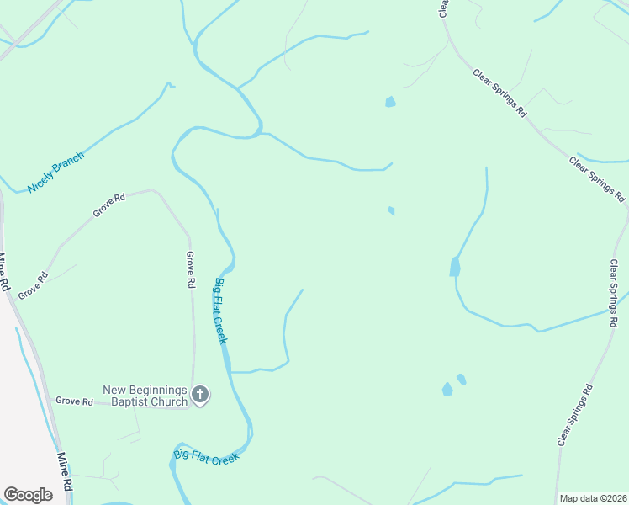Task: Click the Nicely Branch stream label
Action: (x=56, y=173)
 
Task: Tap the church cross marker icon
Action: (x=200, y=394)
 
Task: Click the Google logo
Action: (x=28, y=495)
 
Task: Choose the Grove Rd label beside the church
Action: (x=74, y=401)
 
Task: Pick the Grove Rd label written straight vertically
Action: (x=190, y=269)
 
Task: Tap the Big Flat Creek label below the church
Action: (x=207, y=457)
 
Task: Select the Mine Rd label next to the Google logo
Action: (x=64, y=473)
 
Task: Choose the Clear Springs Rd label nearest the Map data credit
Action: (x=575, y=415)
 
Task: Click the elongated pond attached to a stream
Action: (x=455, y=267)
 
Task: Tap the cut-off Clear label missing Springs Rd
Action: (x=443, y=8)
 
